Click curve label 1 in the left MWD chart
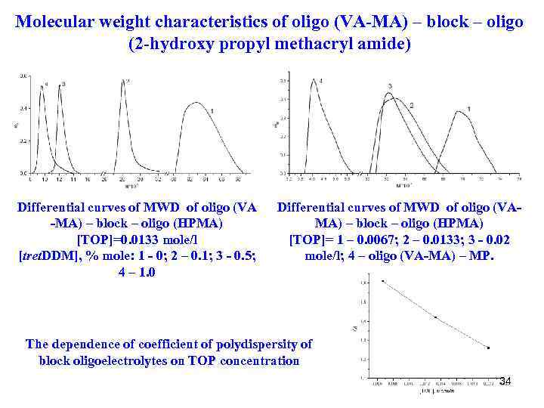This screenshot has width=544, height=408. coord(212,111)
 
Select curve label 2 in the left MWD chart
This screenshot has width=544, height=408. coord(128,81)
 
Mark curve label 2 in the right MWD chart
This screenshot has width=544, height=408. coord(410,105)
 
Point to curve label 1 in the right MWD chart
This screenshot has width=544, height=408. coord(469,110)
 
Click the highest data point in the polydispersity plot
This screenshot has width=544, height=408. coord(383,281)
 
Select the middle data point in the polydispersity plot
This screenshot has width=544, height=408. coord(436,318)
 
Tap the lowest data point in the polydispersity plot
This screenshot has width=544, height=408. coord(489,348)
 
